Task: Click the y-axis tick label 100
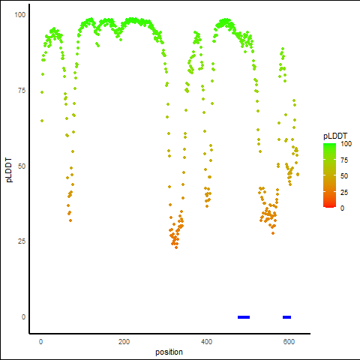click(20, 15)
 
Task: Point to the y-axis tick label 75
click(22, 91)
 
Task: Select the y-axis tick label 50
click(22, 166)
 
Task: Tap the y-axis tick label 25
click(22, 241)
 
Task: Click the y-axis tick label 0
click(23, 317)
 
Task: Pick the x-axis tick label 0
click(41, 342)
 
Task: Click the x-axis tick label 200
click(124, 342)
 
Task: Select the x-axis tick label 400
click(207, 342)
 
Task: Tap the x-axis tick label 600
click(289, 342)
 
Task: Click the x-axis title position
click(169, 352)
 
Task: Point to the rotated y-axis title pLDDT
click(9, 170)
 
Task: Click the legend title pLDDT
click(335, 136)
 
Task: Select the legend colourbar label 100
click(346, 144)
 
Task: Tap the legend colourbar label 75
click(344, 160)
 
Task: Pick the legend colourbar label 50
click(344, 176)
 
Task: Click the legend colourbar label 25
click(344, 193)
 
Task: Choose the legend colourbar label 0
click(343, 208)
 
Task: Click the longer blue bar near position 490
click(244, 317)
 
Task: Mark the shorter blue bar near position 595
click(286, 317)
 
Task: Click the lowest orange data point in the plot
click(176, 247)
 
